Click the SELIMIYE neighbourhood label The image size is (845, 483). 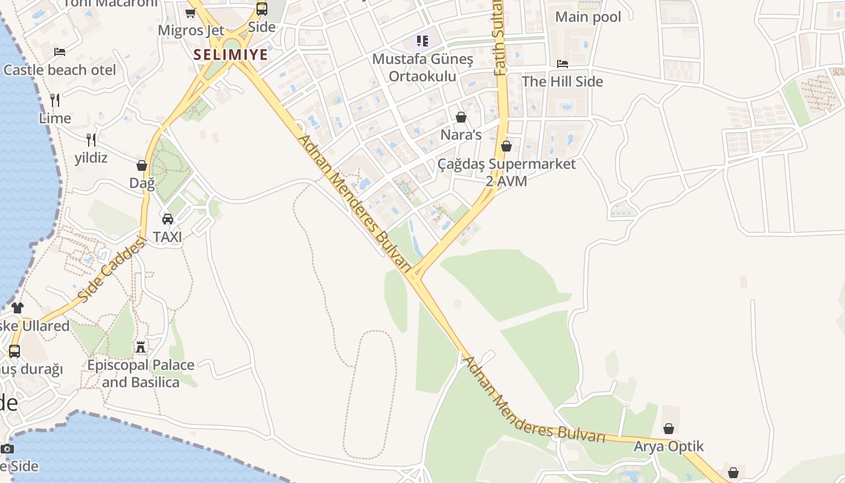[231, 54]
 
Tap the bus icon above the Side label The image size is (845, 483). [262, 9]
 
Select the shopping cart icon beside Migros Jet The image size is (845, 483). [191, 13]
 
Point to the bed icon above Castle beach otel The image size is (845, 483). [60, 52]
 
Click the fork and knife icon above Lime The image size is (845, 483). [55, 100]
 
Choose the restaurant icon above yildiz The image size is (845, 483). [91, 140]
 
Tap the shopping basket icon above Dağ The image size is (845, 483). [142, 165]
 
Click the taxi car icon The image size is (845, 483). [167, 219]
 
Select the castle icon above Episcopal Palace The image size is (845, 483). [141, 347]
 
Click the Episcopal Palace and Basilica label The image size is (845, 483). [141, 374]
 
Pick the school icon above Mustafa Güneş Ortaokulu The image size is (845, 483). [422, 41]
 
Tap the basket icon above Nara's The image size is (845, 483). [461, 117]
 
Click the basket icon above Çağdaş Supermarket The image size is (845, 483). [506, 146]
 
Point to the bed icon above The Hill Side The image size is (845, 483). [563, 63]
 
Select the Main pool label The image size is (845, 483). [588, 17]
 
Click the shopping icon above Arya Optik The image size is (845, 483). [669, 429]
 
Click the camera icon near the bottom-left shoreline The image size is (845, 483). [7, 449]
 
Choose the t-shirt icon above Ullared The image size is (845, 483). [17, 308]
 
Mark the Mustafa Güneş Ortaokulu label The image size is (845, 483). [422, 68]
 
